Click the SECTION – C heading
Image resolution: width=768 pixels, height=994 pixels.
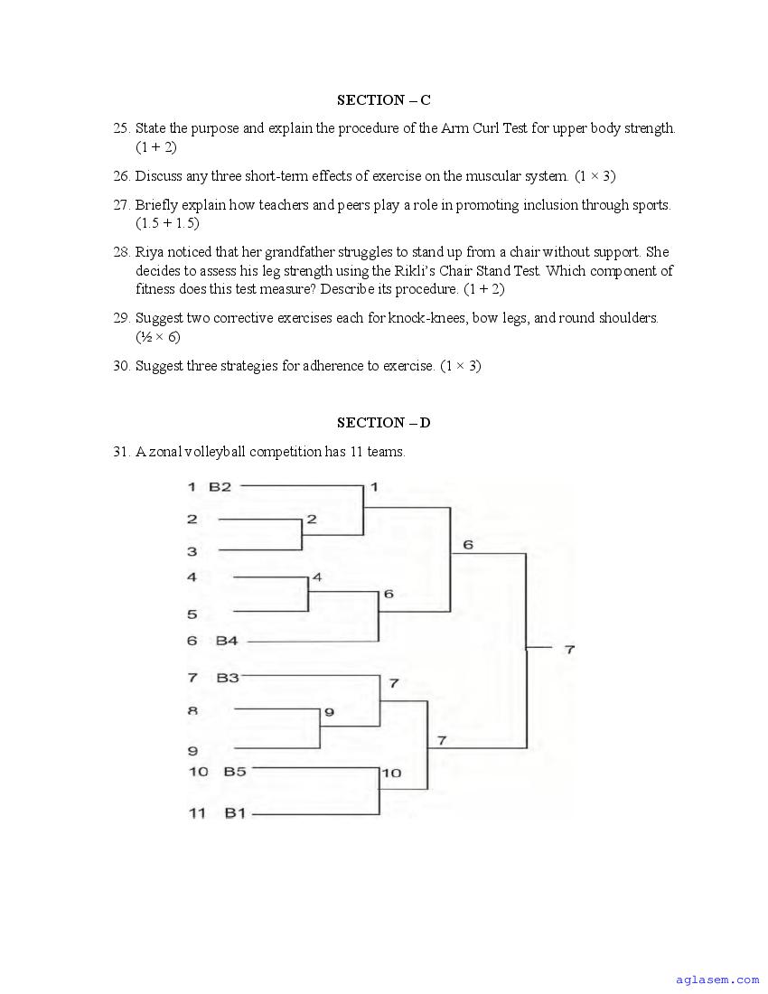pyautogui.click(x=383, y=100)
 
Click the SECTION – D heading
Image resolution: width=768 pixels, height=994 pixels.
pyautogui.click(x=383, y=423)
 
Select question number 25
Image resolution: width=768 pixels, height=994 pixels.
pyautogui.click(x=122, y=128)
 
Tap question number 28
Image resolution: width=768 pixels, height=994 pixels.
pyautogui.click(x=122, y=252)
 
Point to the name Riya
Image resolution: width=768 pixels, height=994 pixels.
pyautogui.click(x=150, y=252)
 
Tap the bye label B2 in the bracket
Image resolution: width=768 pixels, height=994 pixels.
pyautogui.click(x=220, y=487)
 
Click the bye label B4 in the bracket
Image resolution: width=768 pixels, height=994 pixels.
pyautogui.click(x=226, y=641)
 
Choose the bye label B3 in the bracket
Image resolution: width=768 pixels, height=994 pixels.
pyautogui.click(x=227, y=677)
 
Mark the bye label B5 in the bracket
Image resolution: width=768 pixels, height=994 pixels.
pyautogui.click(x=235, y=772)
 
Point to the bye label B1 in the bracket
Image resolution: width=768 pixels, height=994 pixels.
pyautogui.click(x=235, y=813)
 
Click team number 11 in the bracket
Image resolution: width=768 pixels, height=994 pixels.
pyautogui.click(x=197, y=813)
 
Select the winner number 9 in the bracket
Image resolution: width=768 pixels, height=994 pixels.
pyautogui.click(x=329, y=712)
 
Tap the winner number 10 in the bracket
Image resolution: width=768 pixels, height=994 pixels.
pyautogui.click(x=391, y=774)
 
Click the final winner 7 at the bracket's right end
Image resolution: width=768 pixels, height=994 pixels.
pyautogui.click(x=569, y=649)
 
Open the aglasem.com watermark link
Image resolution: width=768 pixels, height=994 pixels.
pyautogui.click(x=717, y=980)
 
